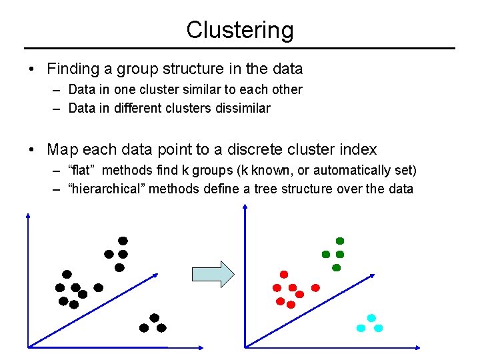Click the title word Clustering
pos(239,31)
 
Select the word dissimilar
pos(243,108)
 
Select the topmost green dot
pos(340,240)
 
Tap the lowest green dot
pos(337,267)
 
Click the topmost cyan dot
pos(371,318)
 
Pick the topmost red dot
pos(284,274)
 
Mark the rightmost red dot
pos(316,287)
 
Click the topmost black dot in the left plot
pos(123,240)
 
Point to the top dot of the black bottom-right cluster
pos(154,317)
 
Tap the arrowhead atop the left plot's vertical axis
pos(29,216)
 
